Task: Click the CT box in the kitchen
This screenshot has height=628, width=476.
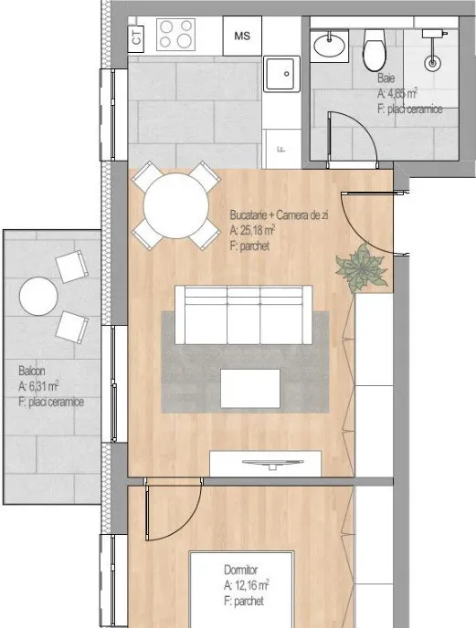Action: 136,37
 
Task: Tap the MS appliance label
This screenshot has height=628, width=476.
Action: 242,36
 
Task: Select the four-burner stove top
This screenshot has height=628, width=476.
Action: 175,35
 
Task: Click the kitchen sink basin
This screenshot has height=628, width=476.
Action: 281,74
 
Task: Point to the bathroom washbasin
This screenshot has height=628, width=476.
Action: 329,46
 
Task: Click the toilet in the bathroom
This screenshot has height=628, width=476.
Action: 375,50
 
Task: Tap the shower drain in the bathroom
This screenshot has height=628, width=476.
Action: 432,63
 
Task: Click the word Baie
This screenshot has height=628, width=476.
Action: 386,78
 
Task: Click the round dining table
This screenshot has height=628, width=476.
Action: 176,206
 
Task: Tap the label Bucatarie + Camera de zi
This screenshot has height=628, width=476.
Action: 279,215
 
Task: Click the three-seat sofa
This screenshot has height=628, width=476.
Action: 243,315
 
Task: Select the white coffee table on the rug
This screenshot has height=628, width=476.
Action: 250,389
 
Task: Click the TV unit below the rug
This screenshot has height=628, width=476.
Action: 266,464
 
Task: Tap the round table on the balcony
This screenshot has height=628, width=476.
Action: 38,297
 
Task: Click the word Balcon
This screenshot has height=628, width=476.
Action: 32,371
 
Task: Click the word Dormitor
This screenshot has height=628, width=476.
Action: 240,570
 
